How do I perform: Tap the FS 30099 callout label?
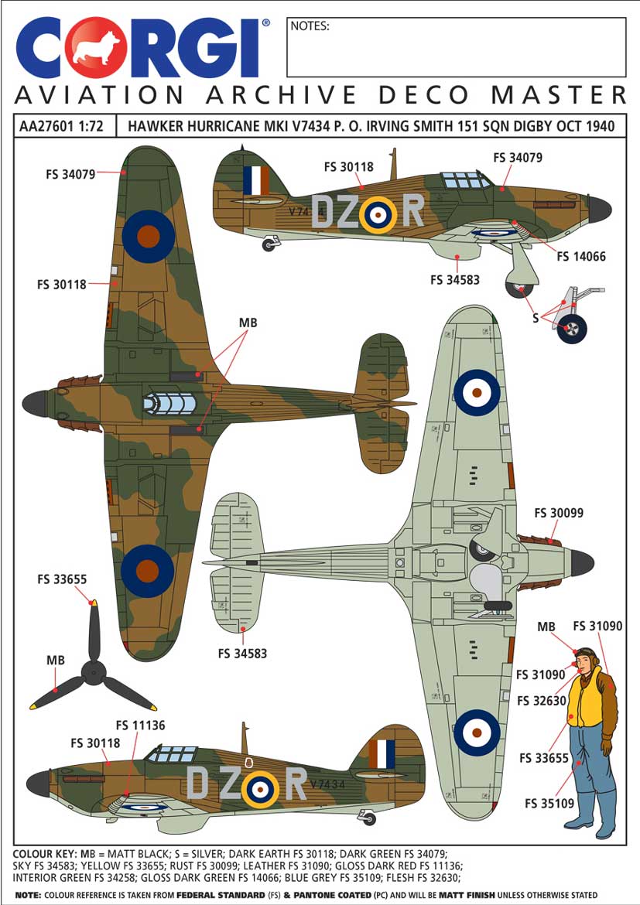pyautogui.click(x=559, y=513)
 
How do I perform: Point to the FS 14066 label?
pyautogui.click(x=581, y=256)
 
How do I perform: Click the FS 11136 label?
pyautogui.click(x=140, y=725)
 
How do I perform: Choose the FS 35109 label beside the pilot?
pyautogui.click(x=549, y=803)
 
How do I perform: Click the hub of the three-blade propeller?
pyautogui.click(x=94, y=672)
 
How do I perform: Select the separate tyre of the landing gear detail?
pyautogui.click(x=572, y=329)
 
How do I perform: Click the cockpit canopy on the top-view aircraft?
pyautogui.click(x=169, y=404)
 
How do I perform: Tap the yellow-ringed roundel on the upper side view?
pyautogui.click(x=378, y=215)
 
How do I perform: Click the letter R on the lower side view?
pyautogui.click(x=296, y=784)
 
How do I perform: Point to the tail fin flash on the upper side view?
pyautogui.click(x=256, y=180)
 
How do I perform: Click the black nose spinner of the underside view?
pyautogui.click(x=582, y=563)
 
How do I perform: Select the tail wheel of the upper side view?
pyautogui.click(x=269, y=245)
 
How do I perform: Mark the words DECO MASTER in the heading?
pyautogui.click(x=501, y=94)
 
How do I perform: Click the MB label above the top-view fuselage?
pyautogui.click(x=248, y=323)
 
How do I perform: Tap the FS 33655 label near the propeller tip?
pyautogui.click(x=62, y=579)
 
